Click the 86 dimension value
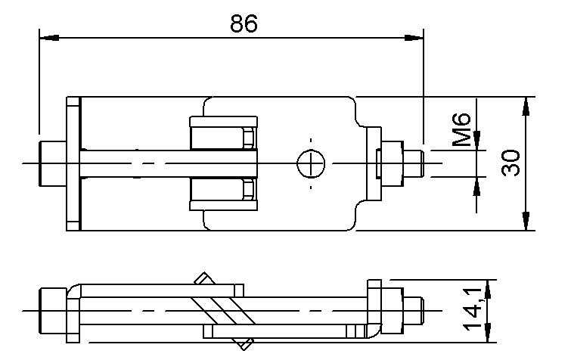click(x=244, y=23)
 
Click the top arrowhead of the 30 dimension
click(x=525, y=105)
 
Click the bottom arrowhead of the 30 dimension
click(x=525, y=222)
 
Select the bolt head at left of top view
click(x=51, y=163)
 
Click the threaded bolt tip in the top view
click(x=413, y=163)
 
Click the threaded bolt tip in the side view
click(x=413, y=311)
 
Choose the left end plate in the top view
click(x=73, y=163)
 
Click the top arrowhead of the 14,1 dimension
click(x=490, y=287)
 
